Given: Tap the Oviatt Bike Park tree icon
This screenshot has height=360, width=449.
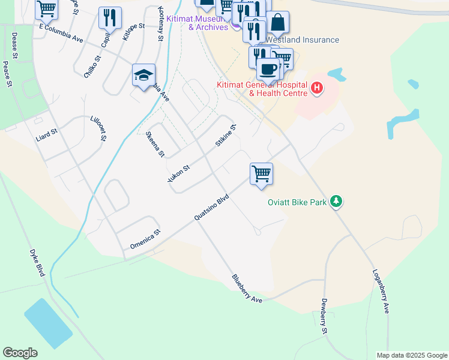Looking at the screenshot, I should coord(337,202).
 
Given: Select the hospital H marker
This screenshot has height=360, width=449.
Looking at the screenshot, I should coord(317,90).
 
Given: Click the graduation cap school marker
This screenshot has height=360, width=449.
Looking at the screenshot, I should coord(143,76).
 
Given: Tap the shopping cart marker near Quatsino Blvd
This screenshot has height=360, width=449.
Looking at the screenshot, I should coord(261,174).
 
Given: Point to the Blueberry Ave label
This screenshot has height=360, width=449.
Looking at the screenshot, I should coord(247,288).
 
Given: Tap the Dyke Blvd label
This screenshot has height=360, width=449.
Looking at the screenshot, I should coord(37,263).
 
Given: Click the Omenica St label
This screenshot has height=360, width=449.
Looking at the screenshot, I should coord(145,239).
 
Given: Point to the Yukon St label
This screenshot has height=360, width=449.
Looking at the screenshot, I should coord(178,174).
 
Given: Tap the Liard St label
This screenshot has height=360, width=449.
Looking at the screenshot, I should coord(46,134).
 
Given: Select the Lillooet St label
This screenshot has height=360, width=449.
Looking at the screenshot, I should coord(98,128).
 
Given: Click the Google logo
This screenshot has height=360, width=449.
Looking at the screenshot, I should coord(20,353).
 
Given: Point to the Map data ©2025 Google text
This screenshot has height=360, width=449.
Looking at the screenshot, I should coord(411,355).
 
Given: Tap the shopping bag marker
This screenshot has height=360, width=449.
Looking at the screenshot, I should coord(278,22).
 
